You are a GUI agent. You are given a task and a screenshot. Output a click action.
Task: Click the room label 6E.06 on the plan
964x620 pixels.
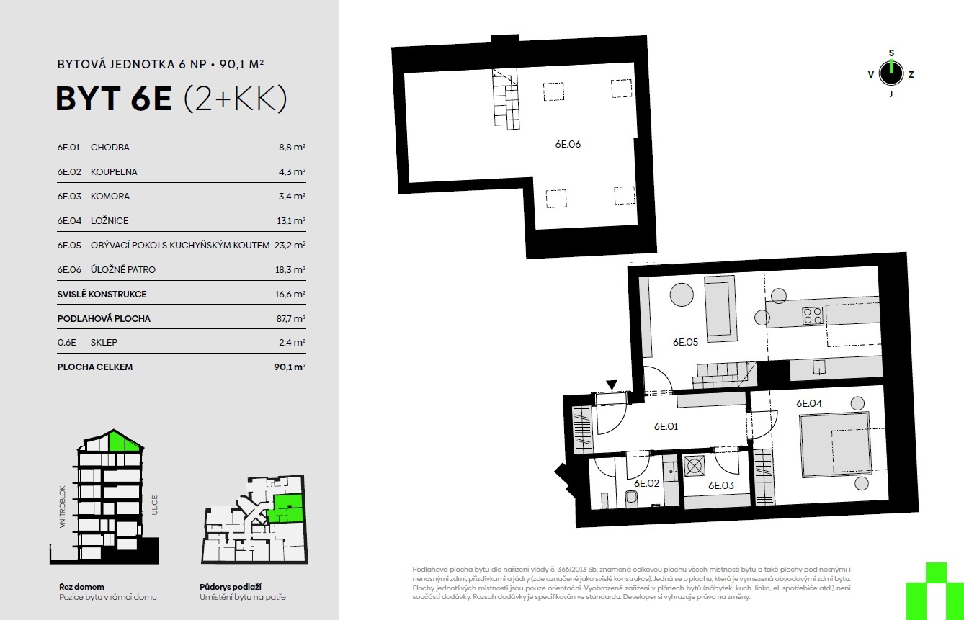coord(568,144)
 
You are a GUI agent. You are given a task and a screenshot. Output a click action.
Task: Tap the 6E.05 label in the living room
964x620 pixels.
coord(686,342)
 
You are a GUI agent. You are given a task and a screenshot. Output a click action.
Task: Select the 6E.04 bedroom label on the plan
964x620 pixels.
coord(809,403)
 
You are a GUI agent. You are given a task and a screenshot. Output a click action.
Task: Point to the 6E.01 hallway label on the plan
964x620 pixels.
coord(666,426)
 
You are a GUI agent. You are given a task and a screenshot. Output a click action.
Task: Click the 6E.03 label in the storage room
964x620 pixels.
coord(721,485)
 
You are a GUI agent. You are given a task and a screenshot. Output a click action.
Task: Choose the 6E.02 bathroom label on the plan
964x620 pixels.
coord(646,483)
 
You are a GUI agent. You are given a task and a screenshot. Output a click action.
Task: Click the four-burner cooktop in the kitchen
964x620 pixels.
coord(813,315)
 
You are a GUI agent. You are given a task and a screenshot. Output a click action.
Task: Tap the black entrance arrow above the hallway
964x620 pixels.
coord(612,385)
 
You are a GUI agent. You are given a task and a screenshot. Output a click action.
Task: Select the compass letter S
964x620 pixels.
coord(891,53)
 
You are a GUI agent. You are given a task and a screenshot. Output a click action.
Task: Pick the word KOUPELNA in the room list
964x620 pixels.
coord(114,171)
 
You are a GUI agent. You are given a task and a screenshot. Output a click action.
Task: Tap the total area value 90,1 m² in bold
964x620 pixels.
coord(290,367)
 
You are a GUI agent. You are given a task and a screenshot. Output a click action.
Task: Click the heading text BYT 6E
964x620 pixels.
coord(114,99)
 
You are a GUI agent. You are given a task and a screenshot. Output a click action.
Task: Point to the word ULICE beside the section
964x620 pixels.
coord(154,505)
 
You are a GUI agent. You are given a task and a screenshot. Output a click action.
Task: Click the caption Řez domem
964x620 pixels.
coord(81,587)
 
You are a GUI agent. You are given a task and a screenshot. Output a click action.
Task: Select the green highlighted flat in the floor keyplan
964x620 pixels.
coord(286,508)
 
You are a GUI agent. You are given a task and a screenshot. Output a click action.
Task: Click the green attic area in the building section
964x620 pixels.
coord(124,441)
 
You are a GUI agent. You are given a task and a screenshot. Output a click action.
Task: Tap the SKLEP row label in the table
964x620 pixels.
coord(104,343)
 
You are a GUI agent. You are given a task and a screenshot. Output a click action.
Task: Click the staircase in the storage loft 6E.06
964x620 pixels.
coord(506,100)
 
